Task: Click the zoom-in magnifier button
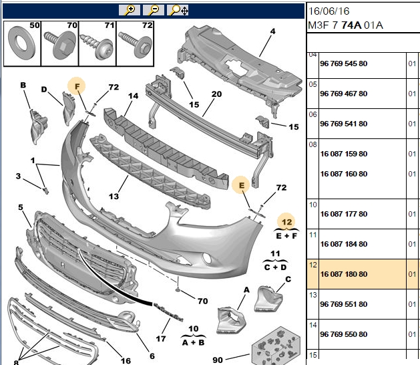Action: [x=130, y=10]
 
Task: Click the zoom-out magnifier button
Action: [x=154, y=10]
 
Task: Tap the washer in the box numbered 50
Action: [x=21, y=42]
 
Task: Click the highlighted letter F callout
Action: [x=77, y=86]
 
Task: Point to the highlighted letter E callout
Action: [x=241, y=185]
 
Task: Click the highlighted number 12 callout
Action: [x=286, y=222]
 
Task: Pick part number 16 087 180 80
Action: [x=344, y=274]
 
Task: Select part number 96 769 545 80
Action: [x=344, y=64]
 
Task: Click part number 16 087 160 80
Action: [x=344, y=174]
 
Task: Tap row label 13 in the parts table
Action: [x=313, y=295]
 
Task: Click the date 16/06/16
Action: [x=329, y=11]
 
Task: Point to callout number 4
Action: [x=272, y=31]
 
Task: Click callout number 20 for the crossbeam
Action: [x=216, y=94]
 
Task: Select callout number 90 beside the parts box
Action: [x=218, y=360]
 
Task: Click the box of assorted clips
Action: [x=276, y=346]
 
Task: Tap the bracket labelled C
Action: [x=268, y=299]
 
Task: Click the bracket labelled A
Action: [x=230, y=320]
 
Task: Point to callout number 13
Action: [x=114, y=197]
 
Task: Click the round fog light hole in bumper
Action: [x=207, y=258]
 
